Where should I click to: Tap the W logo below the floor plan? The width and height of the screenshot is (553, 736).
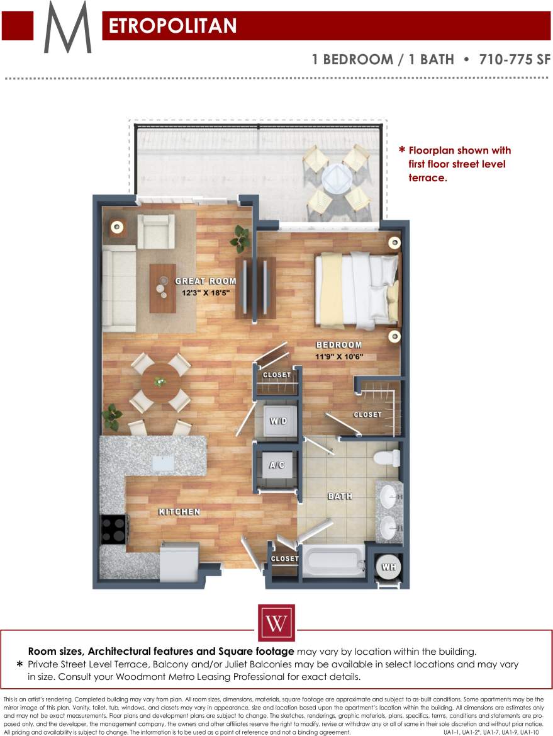tap(276, 623)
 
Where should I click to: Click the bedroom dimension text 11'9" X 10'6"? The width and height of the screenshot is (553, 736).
tap(340, 357)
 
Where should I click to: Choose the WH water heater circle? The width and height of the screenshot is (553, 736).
tap(389, 567)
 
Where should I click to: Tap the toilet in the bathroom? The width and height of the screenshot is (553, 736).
tap(385, 457)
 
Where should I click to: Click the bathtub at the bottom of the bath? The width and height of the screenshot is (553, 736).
tap(333, 560)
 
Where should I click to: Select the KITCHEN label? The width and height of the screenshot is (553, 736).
tap(179, 512)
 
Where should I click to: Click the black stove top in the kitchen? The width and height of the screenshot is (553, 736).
tap(113, 529)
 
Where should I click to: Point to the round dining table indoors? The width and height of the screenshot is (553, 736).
tap(160, 382)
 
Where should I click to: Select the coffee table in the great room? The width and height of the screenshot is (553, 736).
tap(162, 288)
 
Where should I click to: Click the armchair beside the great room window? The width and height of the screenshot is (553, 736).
tap(155, 231)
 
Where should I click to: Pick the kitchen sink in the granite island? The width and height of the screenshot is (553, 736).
tap(164, 463)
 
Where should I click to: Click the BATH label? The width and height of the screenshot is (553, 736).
tap(340, 496)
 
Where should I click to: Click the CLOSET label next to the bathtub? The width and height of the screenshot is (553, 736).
tap(284, 558)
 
